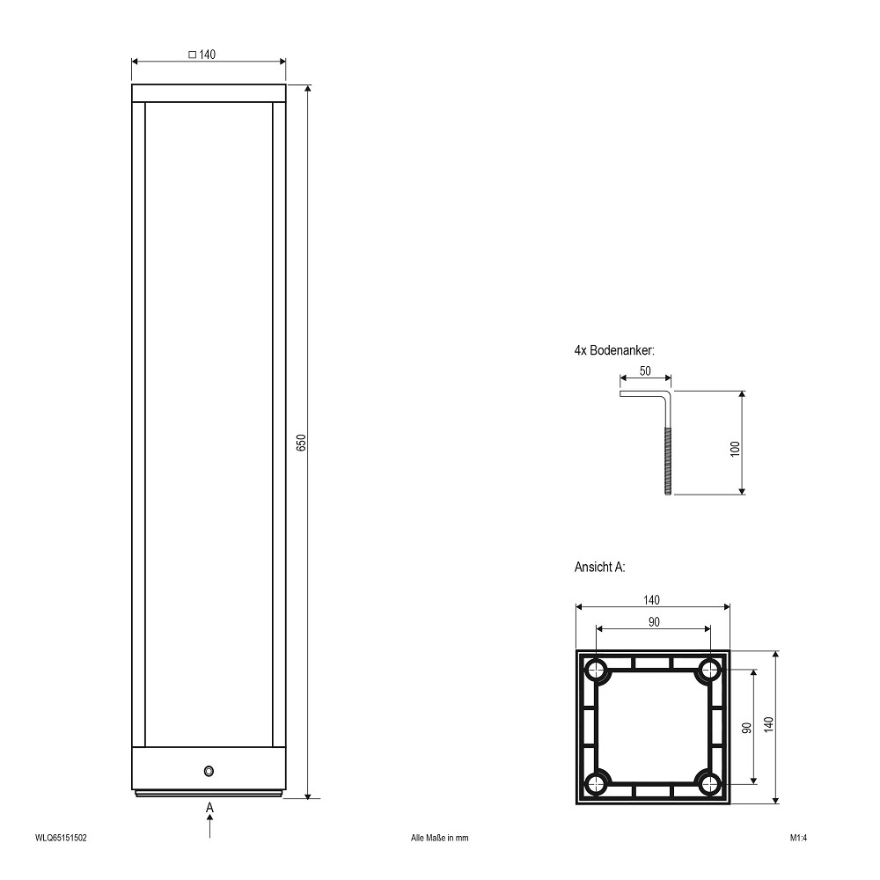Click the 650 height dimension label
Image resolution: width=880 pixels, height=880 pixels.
tap(301, 443)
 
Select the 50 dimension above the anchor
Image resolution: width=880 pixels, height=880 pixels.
tap(645, 371)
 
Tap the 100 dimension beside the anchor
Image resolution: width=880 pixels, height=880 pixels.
tap(735, 449)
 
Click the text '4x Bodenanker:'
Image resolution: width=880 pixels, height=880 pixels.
tap(614, 350)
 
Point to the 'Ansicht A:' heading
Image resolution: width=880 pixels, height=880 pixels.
tap(599, 567)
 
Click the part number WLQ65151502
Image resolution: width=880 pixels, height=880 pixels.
tap(62, 838)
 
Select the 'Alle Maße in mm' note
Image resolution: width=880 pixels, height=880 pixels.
tap(439, 838)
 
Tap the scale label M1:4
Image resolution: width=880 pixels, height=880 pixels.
tap(799, 838)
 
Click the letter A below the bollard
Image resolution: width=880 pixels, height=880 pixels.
tap(210, 808)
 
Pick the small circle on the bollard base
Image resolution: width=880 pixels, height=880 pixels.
tap(209, 771)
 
